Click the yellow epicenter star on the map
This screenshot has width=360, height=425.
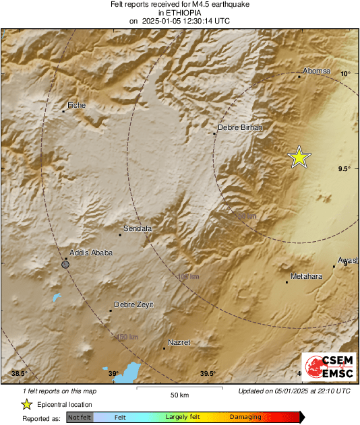[x=299, y=157]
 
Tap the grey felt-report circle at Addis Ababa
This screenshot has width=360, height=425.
[x=65, y=265]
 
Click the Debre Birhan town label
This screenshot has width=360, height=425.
[x=240, y=127]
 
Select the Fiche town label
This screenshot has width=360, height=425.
[x=77, y=105]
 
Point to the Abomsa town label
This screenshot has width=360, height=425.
[x=317, y=71]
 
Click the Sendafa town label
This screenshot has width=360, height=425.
[x=138, y=229]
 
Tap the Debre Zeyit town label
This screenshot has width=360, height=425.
[x=133, y=304]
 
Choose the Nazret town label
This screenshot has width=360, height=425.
[x=179, y=343]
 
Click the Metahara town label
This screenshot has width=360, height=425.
[x=307, y=277]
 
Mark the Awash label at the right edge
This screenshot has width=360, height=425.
[x=348, y=260]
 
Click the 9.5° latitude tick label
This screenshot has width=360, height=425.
[x=344, y=169]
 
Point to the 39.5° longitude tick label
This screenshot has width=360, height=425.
[x=208, y=374]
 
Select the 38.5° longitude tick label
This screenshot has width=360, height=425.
[x=19, y=374]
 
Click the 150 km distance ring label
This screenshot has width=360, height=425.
[x=127, y=337]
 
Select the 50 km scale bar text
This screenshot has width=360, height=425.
[x=179, y=395]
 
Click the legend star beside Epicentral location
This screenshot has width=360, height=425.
[x=26, y=404]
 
